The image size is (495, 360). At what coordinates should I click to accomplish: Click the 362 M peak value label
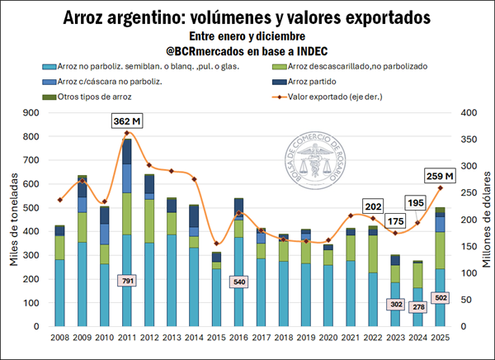(127, 121)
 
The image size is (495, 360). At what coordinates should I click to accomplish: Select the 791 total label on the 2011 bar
(127, 281)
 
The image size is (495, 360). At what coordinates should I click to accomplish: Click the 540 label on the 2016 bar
(238, 281)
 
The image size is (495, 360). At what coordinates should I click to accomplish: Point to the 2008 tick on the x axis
(60, 338)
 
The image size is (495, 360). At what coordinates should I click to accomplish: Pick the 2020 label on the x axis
(328, 338)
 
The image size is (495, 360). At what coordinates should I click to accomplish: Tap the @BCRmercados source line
(247, 51)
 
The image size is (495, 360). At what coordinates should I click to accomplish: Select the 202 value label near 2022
(373, 207)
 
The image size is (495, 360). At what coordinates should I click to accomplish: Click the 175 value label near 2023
(395, 221)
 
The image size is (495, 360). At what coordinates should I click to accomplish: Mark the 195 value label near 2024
(417, 203)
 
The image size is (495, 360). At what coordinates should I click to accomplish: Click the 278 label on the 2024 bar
(417, 307)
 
